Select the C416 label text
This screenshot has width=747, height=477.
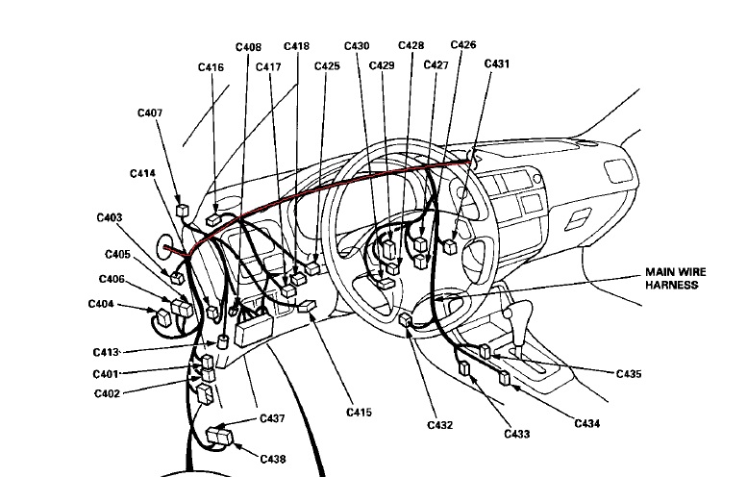point(212,67)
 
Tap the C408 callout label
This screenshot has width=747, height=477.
point(248,46)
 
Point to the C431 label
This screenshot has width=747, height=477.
point(497,63)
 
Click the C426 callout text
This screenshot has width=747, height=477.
point(463,44)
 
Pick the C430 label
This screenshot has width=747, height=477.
point(356,46)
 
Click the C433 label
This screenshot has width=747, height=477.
point(517,435)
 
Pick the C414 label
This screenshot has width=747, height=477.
point(142,173)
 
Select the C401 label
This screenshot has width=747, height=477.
point(106,374)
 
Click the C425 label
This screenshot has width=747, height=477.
point(327,66)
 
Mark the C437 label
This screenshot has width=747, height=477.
point(273,419)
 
